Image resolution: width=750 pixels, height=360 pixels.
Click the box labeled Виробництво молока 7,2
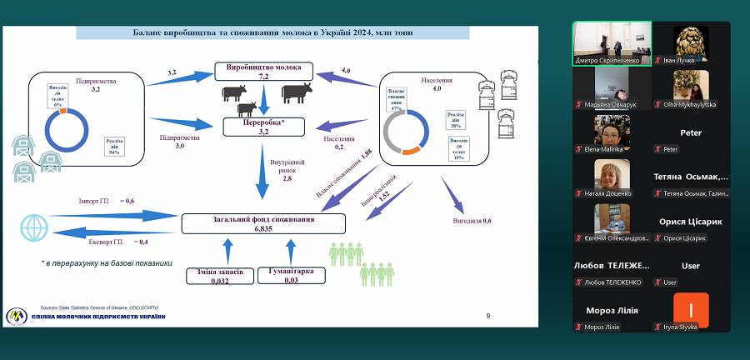(x=263, y=71)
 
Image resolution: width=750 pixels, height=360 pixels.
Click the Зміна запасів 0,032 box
(x=218, y=276)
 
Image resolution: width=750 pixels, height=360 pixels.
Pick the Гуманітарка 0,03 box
(x=289, y=276)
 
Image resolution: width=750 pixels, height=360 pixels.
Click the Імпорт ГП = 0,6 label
(x=107, y=200)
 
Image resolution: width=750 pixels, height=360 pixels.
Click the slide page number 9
(x=488, y=315)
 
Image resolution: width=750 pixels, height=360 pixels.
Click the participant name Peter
(x=691, y=132)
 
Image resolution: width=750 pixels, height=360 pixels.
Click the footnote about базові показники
(x=107, y=262)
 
